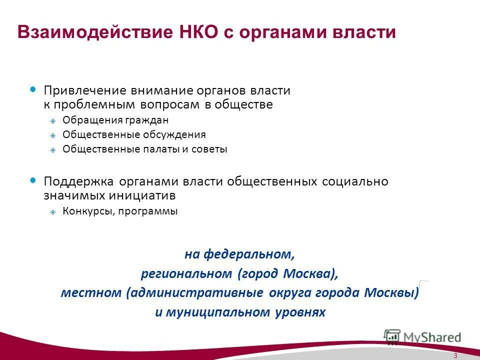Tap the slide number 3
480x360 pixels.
[x=455, y=355]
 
